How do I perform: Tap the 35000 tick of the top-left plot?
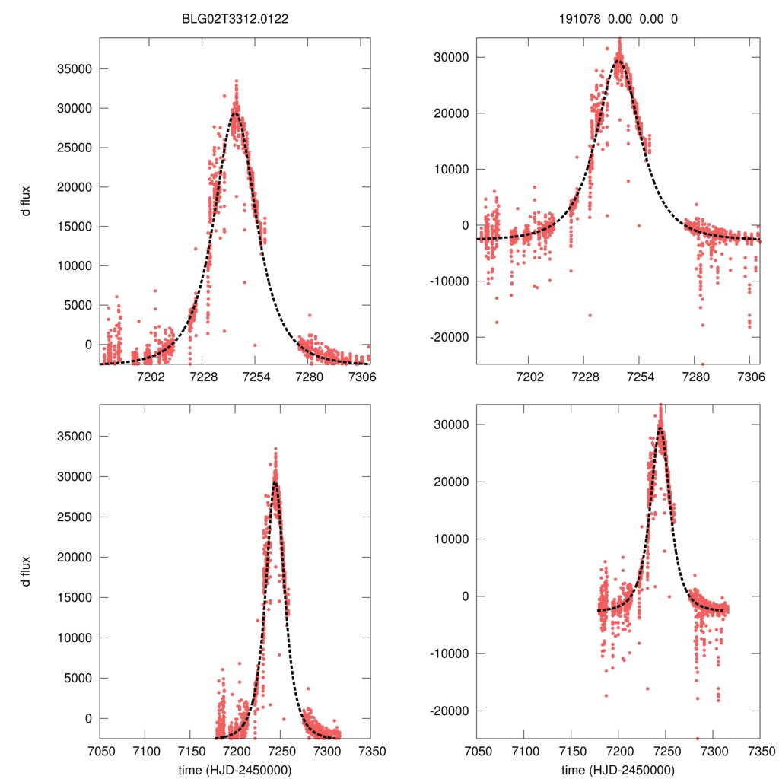[75, 69]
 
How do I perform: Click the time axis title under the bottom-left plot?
[234, 769]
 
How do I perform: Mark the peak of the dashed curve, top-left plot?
[237, 113]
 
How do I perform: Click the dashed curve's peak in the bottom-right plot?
[660, 428]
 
